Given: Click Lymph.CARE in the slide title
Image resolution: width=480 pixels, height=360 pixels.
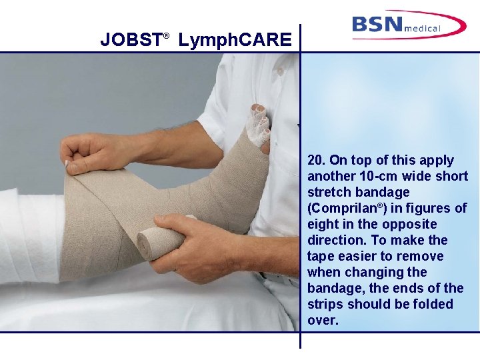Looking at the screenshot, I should [x=235, y=41].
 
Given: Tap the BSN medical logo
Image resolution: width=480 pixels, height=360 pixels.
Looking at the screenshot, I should [x=408, y=25].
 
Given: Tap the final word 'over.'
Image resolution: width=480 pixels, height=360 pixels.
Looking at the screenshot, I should [x=323, y=320].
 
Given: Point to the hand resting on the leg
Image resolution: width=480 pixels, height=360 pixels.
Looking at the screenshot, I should [x=93, y=152].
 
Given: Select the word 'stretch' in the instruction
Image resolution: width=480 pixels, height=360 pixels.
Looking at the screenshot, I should [x=330, y=192].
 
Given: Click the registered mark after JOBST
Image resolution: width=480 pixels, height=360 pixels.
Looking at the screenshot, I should [x=167, y=34].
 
